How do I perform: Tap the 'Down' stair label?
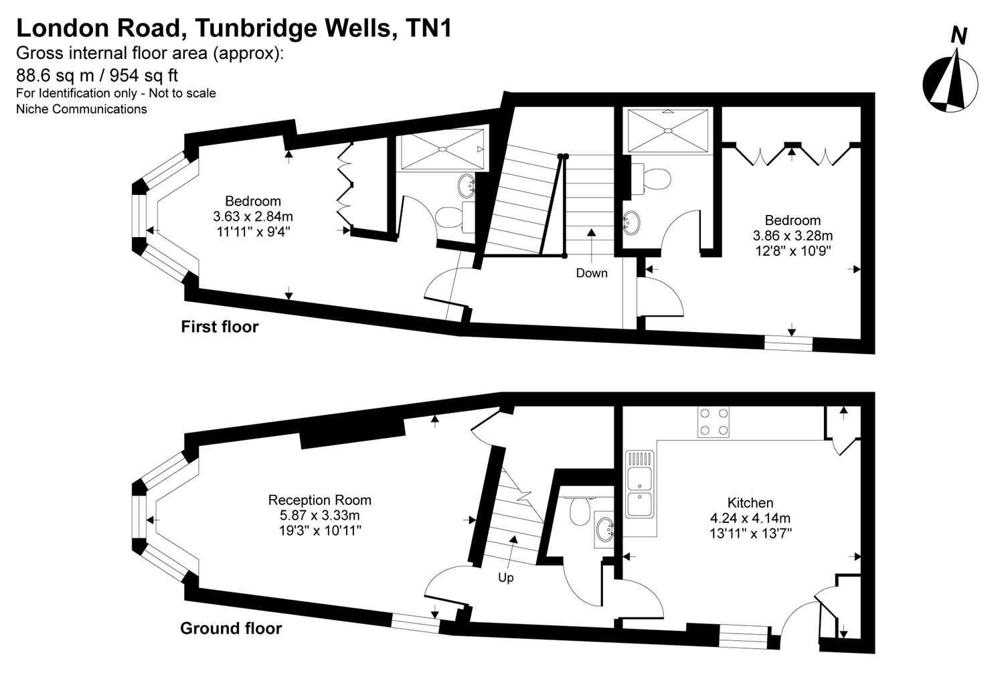(591, 273)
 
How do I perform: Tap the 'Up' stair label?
(505, 577)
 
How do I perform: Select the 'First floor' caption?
(220, 327)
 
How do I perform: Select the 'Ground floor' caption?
(231, 629)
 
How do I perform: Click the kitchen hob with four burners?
(714, 422)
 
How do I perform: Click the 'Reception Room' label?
(319, 500)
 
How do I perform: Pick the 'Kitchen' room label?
(750, 503)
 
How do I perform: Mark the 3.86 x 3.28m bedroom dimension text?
(792, 236)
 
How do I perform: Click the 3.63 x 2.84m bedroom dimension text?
(253, 216)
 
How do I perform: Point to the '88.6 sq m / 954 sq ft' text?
(97, 74)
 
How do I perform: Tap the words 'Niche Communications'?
(81, 109)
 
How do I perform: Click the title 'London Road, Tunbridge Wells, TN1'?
(234, 28)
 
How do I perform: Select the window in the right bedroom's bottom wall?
(788, 343)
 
